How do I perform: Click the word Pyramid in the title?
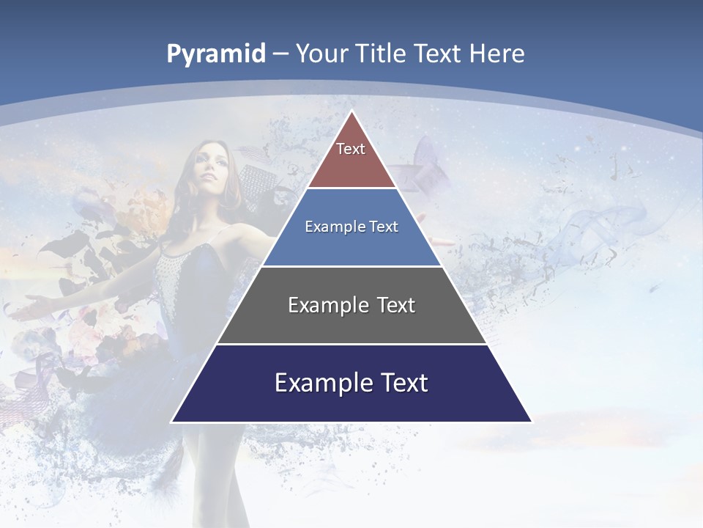[216, 54]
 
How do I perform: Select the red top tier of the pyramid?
[351, 165]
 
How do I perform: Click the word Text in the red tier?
[351, 149]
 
